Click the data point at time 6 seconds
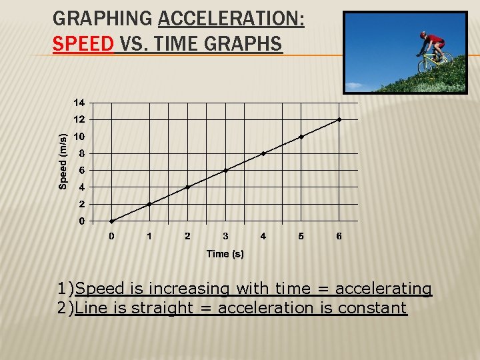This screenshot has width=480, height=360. click(339, 120)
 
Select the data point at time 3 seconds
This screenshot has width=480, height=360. click(225, 171)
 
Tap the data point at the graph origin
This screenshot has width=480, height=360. click(111, 221)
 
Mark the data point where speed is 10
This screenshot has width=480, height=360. click(301, 137)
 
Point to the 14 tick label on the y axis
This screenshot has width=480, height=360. click(79, 103)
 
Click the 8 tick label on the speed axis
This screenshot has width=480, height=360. click(81, 153)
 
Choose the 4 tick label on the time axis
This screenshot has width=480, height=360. click(263, 236)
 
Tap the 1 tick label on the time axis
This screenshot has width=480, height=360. click(149, 236)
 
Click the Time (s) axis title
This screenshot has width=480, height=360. click(225, 254)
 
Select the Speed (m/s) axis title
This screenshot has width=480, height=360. click(63, 161)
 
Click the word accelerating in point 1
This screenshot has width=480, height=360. click(383, 289)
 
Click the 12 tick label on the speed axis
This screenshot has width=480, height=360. click(79, 120)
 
